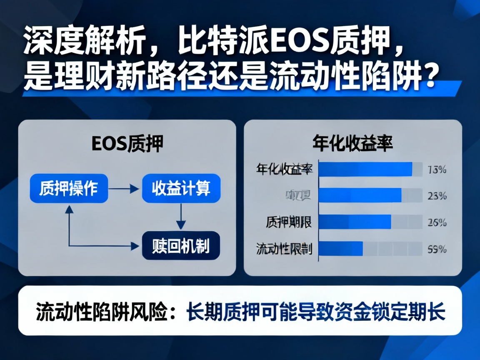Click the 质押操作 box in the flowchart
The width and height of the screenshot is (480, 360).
pyautogui.click(x=69, y=189)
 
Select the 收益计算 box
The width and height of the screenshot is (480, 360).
pyautogui.click(x=181, y=189)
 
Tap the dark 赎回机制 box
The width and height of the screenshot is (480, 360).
pyautogui.click(x=181, y=246)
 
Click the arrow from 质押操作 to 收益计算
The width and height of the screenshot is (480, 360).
pyautogui.click(x=124, y=189)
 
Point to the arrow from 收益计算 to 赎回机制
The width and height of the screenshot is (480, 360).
pyautogui.click(x=180, y=217)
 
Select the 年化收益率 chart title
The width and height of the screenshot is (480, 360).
pyautogui.click(x=352, y=144)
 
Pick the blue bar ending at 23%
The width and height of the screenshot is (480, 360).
pyautogui.click(x=360, y=195)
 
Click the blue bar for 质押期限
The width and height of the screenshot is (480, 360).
pyautogui.click(x=355, y=222)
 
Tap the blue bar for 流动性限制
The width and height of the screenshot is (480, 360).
pyautogui.click(x=340, y=249)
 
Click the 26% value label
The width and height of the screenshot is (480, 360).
pyautogui.click(x=437, y=222)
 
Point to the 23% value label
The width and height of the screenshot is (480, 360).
pyautogui.click(x=437, y=195)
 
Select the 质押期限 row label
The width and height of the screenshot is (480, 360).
pyautogui.click(x=289, y=222)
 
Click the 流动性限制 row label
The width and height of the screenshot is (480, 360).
pyautogui.click(x=284, y=249)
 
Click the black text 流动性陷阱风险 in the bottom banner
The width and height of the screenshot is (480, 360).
pyautogui.click(x=99, y=311)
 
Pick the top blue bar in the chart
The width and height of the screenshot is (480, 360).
pyautogui.click(x=365, y=169)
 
